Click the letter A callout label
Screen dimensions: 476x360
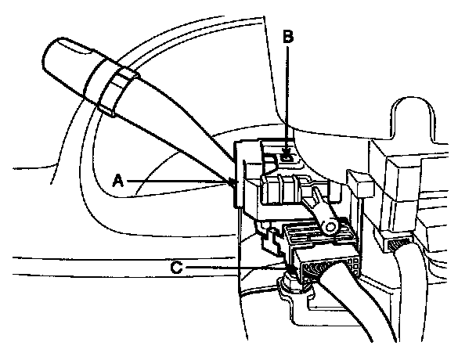118,179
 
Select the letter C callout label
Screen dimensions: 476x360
179,267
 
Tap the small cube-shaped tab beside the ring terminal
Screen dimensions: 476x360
362,185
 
